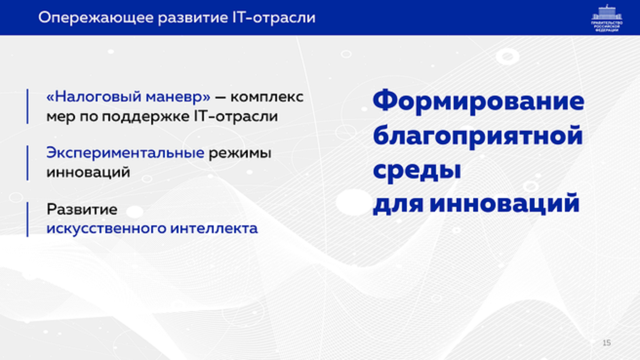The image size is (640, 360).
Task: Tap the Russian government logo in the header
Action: point(607,18)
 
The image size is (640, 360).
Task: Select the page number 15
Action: point(606,342)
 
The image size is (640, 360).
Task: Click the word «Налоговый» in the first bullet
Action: point(94,97)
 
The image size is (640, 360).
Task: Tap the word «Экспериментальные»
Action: point(125,154)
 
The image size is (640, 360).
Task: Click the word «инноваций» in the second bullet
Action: point(88,173)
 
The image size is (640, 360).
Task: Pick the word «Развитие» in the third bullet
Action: point(82,209)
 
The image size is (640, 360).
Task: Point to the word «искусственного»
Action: point(106,229)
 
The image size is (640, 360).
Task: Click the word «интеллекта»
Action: point(214,229)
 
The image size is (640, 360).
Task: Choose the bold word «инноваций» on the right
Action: point(504,203)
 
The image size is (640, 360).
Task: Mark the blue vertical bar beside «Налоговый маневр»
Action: point(27,106)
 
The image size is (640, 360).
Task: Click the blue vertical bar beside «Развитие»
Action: point(27,220)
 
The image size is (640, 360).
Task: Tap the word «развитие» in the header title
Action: point(193,18)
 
